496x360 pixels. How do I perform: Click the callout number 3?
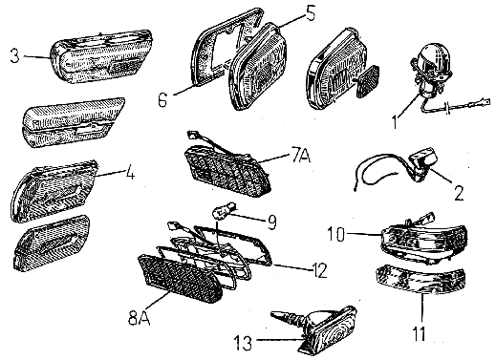pyautogui.click(x=14, y=55)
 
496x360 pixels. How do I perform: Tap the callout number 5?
pyautogui.click(x=311, y=13)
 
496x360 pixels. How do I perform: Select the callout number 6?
pyautogui.click(x=162, y=99)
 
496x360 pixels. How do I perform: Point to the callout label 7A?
pyautogui.click(x=300, y=156)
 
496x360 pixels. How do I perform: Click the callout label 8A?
pyautogui.click(x=139, y=317)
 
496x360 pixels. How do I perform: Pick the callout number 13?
pyautogui.click(x=243, y=344)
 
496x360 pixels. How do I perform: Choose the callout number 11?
pyautogui.click(x=419, y=333)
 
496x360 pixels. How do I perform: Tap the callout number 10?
pyautogui.click(x=336, y=234)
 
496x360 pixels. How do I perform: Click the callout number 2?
pyautogui.click(x=459, y=192)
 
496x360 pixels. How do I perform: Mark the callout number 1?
pyautogui.click(x=395, y=121)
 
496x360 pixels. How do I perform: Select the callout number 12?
pyautogui.click(x=318, y=270)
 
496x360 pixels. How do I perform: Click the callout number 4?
pyautogui.click(x=130, y=174)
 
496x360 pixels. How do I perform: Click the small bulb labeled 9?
pyautogui.click(x=224, y=211)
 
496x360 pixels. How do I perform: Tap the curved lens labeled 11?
pyautogui.click(x=421, y=279)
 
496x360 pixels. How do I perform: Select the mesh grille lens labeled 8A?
pyautogui.click(x=179, y=278)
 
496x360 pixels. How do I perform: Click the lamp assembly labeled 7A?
pyautogui.click(x=227, y=169)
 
